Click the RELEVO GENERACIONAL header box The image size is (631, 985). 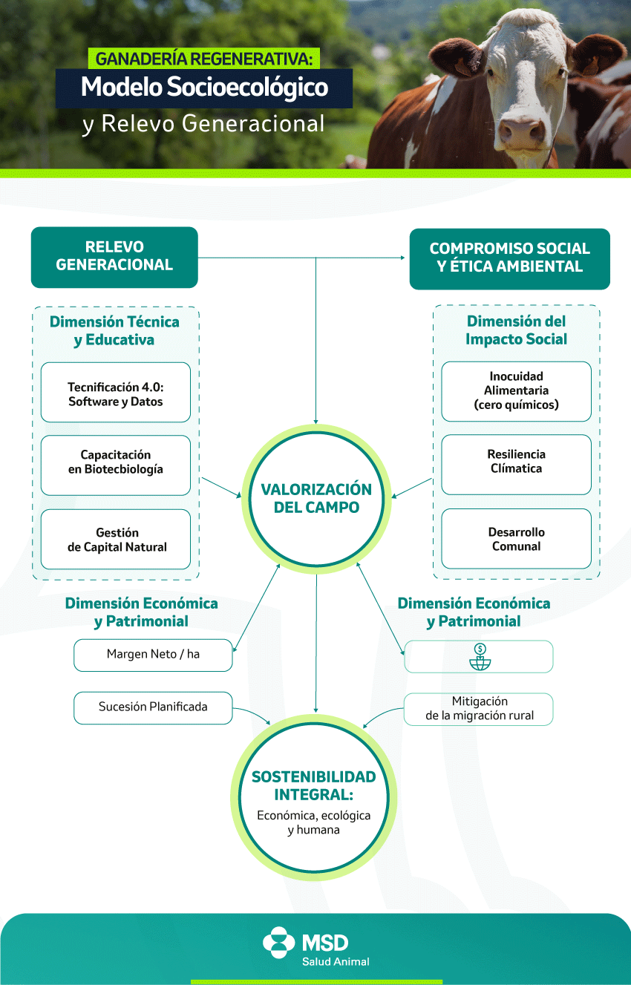coord(114,257)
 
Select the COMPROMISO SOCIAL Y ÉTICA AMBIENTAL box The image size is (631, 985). coord(509,258)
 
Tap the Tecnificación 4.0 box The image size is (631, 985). coord(115,393)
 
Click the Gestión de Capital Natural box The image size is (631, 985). coord(116,540)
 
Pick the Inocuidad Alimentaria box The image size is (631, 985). coord(516,391)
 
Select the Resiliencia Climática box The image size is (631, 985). coord(516,461)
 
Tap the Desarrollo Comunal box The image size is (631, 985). coord(516,539)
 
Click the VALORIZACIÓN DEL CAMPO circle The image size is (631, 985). coord(316,499)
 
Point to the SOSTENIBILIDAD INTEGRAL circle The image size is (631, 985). coord(314,794)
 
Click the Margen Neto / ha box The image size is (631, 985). coord(153,655)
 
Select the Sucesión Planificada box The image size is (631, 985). coord(153,707)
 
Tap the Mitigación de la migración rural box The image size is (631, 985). coord(479,709)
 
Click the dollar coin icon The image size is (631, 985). coord(480,649)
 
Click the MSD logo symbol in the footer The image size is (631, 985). coord(278,943)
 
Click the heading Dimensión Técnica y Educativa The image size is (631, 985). coord(114,331)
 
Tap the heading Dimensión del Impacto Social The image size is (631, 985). coord(516,330)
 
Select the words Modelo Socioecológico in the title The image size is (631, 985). coord(204,88)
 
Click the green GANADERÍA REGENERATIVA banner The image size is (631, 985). coord(205,58)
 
